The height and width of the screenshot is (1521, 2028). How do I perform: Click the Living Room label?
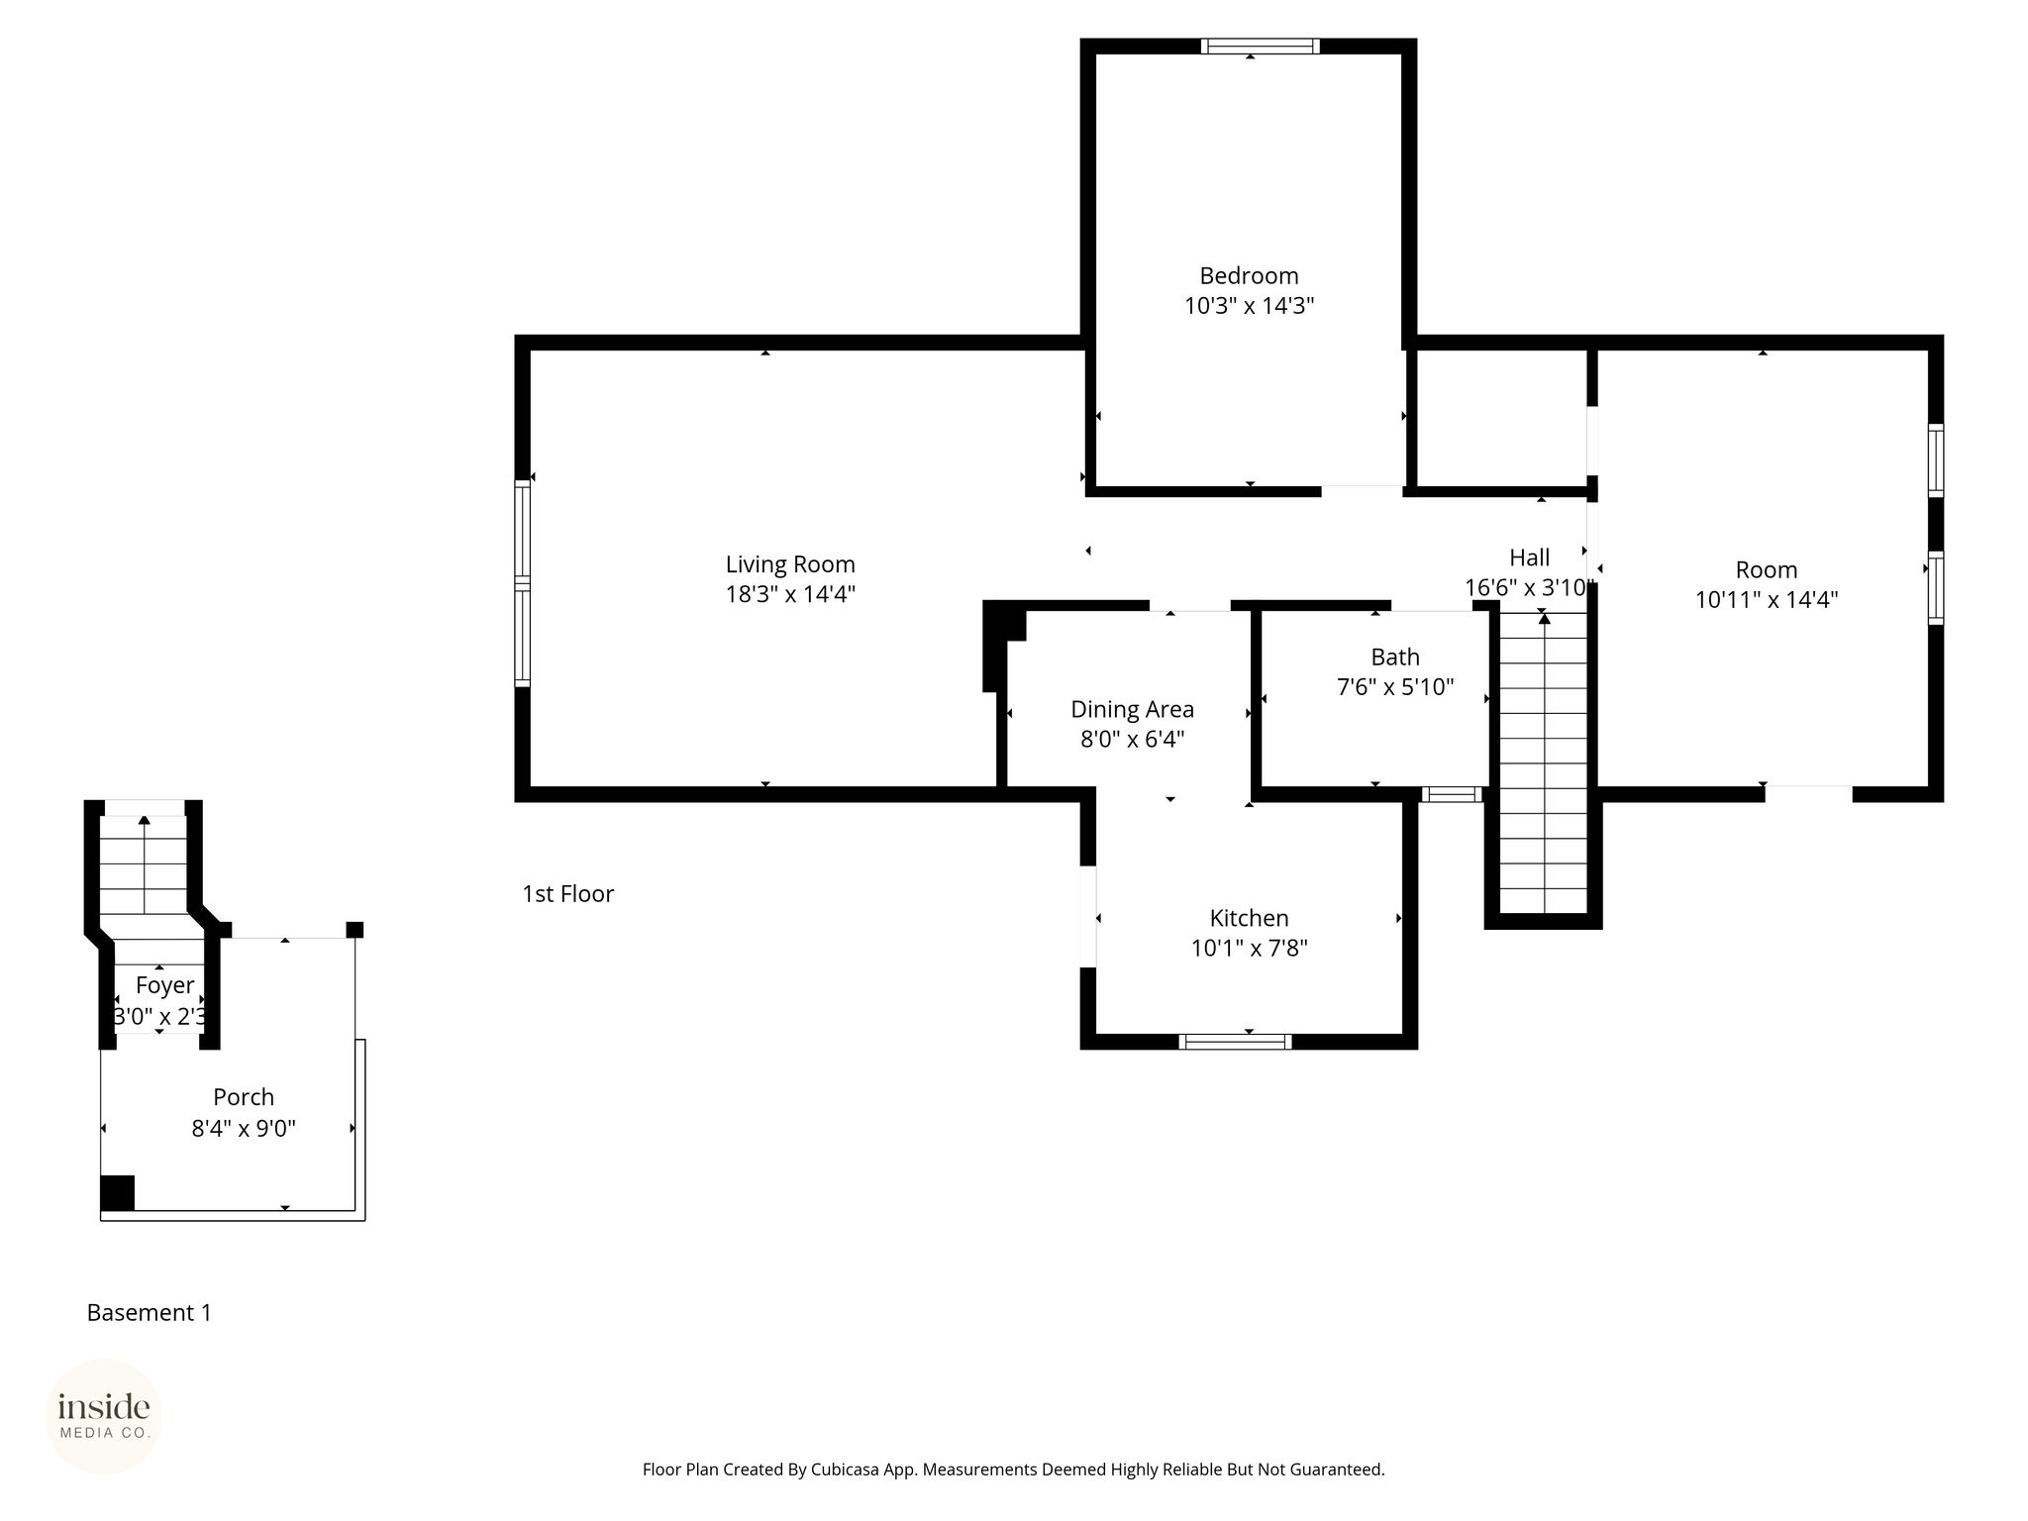[790, 564]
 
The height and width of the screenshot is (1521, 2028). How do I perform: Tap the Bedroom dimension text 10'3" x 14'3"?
[1250, 305]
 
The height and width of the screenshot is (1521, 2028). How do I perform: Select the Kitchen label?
[1249, 918]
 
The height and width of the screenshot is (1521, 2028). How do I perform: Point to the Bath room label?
[1395, 657]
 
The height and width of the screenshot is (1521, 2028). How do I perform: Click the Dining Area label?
[1132, 709]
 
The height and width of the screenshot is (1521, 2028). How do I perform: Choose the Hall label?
[1529, 558]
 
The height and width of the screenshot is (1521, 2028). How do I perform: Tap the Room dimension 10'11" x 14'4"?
[1767, 599]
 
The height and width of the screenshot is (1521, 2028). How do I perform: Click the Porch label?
[244, 1097]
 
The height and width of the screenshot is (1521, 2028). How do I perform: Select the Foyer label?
[165, 985]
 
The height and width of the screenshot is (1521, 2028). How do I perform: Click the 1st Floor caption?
[568, 894]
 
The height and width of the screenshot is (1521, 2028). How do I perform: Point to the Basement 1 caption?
[150, 1313]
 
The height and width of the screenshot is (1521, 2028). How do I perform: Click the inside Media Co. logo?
[104, 1416]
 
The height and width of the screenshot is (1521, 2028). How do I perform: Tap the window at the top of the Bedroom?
[1261, 46]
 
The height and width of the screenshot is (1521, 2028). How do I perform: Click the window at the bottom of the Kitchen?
[1235, 1041]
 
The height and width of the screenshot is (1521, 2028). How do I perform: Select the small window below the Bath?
[1451, 794]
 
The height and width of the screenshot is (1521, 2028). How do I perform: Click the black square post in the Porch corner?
[117, 1192]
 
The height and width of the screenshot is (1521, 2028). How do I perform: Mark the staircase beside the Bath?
[1544, 762]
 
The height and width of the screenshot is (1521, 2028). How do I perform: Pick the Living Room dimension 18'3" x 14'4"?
[790, 594]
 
